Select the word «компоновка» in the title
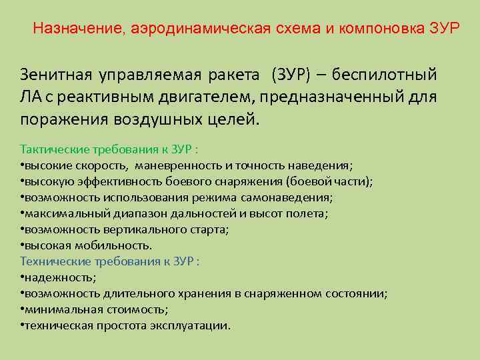point(375,29)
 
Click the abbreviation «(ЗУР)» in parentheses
point(291,73)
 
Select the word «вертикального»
point(137,229)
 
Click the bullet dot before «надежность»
point(23,277)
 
